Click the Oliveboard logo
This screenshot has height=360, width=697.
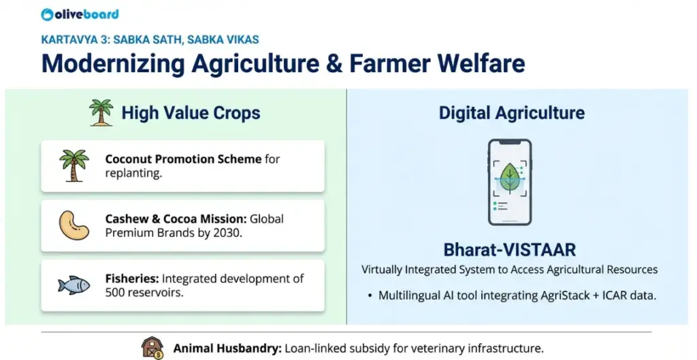80,14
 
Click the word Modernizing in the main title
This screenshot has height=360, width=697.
112,63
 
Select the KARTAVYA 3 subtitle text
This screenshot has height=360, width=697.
150,39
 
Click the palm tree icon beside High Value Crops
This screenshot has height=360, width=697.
101,112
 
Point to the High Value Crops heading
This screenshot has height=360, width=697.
191,113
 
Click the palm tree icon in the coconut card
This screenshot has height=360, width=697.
74,166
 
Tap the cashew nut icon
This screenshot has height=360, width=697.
74,225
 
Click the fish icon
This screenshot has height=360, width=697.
74,285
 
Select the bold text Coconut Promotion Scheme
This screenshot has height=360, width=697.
183,159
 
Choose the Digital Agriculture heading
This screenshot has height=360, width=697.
511,113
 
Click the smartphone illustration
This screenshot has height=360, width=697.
509,182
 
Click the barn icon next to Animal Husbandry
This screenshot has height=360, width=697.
152,347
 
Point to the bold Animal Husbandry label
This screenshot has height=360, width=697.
227,348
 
